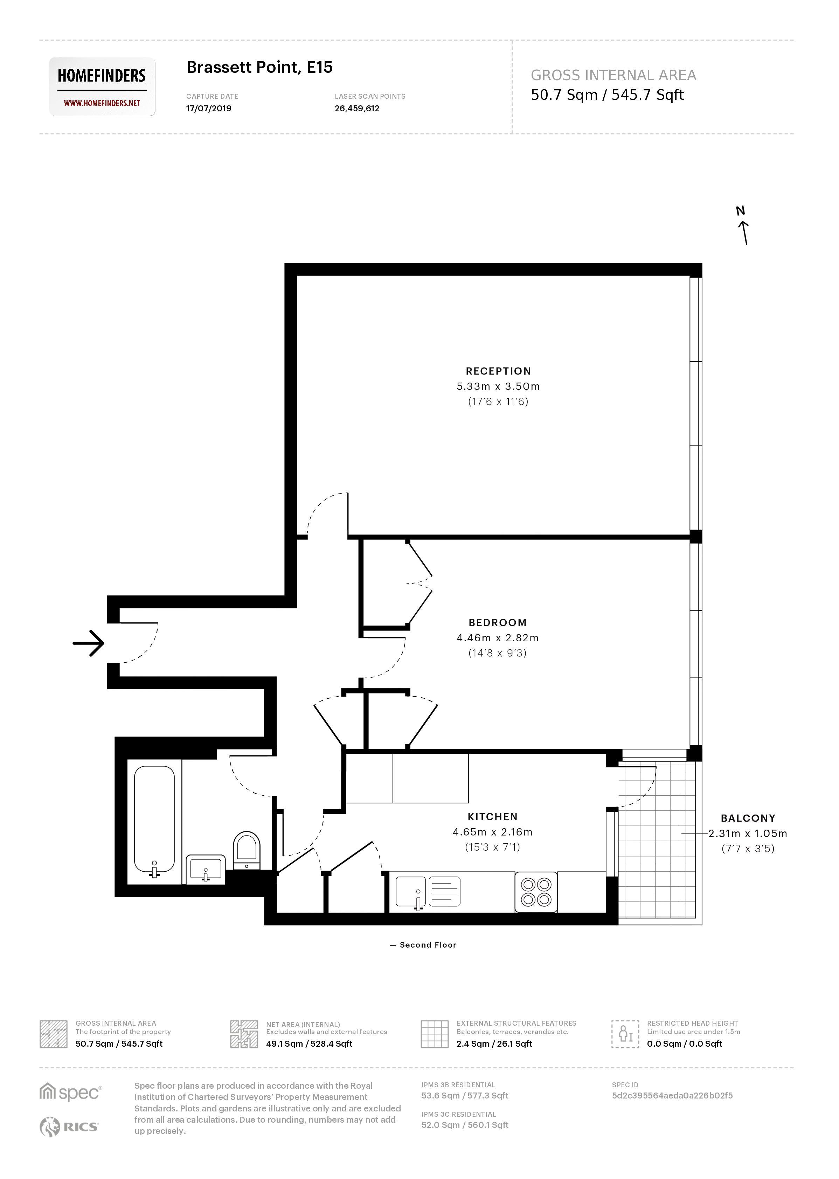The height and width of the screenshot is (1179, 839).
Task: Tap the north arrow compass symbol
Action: click(x=742, y=226)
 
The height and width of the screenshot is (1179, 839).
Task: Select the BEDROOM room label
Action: click(x=498, y=623)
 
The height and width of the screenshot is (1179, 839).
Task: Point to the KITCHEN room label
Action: click(x=492, y=817)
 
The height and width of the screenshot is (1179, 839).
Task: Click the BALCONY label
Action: click(x=748, y=818)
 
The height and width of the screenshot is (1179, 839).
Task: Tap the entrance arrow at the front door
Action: click(x=89, y=643)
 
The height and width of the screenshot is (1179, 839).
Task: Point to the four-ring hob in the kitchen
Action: click(x=536, y=892)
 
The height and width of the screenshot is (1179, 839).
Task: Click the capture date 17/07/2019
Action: click(x=209, y=109)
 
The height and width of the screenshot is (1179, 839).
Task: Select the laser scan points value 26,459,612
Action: click(x=356, y=109)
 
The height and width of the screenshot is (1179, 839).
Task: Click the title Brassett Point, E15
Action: click(x=259, y=67)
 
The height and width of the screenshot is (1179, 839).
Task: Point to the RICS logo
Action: click(x=69, y=1127)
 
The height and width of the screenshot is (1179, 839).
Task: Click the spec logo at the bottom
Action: click(x=71, y=1093)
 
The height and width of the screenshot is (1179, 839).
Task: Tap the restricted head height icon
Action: click(x=625, y=1034)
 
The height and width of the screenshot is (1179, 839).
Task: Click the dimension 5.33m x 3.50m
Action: click(x=498, y=386)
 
